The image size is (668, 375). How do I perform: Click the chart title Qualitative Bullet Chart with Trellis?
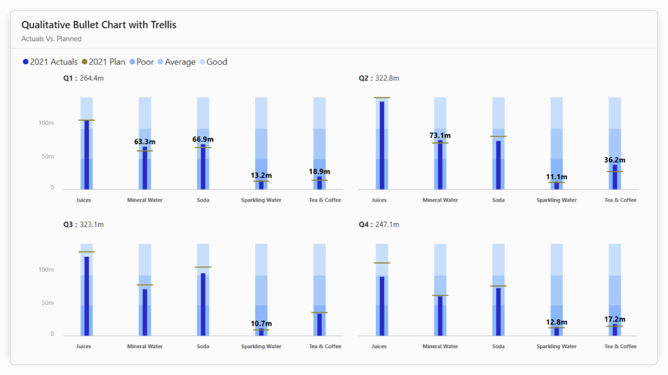click(x=99, y=25)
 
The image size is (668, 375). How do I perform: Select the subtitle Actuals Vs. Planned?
click(x=51, y=39)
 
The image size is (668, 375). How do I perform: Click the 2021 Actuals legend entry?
click(x=50, y=62)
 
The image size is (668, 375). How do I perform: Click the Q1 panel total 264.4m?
click(x=83, y=78)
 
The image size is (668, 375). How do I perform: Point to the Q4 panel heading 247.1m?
click(x=379, y=224)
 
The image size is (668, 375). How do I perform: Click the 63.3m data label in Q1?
click(x=145, y=142)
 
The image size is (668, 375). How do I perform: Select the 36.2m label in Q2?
click(x=615, y=160)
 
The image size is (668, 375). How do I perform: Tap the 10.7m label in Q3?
click(x=261, y=324)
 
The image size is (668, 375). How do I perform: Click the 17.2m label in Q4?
click(x=615, y=319)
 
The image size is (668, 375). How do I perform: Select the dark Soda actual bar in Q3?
click(x=203, y=304)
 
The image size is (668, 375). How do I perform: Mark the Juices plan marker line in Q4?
click(x=382, y=263)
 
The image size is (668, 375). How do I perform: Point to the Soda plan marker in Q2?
click(x=498, y=137)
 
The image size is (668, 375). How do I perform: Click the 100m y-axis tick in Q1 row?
click(x=46, y=123)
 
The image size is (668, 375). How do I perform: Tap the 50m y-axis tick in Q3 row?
click(x=48, y=303)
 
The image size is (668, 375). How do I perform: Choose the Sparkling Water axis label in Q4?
click(x=556, y=346)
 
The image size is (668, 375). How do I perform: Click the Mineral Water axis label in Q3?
click(x=145, y=346)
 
